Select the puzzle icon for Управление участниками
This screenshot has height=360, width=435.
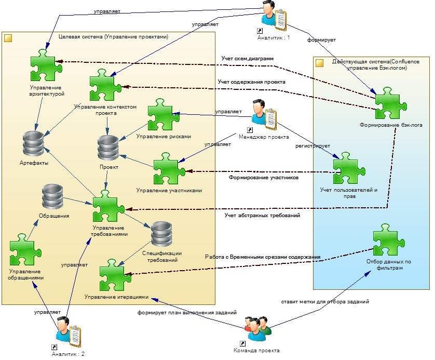coord(169,169)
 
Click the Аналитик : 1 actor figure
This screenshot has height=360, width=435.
coord(274,14)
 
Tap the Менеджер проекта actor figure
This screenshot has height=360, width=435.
coord(263,115)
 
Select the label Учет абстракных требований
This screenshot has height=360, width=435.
coord(262,215)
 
